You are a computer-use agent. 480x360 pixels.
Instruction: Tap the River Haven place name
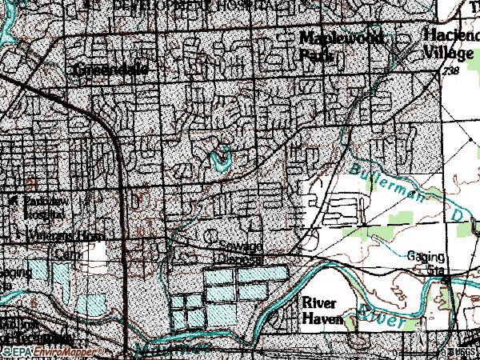pos(322,310)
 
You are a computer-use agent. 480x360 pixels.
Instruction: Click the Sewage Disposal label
pos(242,251)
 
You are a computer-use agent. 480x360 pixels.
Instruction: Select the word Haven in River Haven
pos(322,319)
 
